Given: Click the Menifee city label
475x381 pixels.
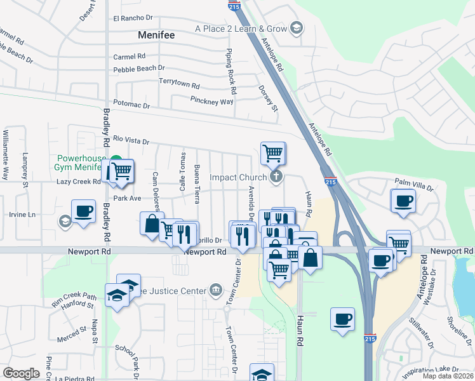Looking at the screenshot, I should click(x=156, y=36).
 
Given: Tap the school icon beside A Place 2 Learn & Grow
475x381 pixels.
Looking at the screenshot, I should click(x=296, y=28).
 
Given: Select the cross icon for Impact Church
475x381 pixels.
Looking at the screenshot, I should click(x=276, y=177).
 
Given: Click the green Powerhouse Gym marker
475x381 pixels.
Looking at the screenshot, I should click(x=116, y=161).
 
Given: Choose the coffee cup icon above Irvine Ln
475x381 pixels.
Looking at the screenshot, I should click(x=83, y=211).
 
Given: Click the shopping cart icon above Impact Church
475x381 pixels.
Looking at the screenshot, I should click(x=272, y=152).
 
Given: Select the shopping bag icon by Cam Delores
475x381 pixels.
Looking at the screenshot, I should click(x=152, y=224).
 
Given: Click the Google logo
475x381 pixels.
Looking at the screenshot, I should click(x=22, y=373).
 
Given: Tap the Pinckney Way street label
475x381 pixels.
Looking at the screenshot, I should click(x=212, y=100).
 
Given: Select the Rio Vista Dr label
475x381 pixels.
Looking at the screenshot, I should click(x=131, y=140).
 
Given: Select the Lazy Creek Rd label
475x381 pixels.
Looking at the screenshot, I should click(x=79, y=182).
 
